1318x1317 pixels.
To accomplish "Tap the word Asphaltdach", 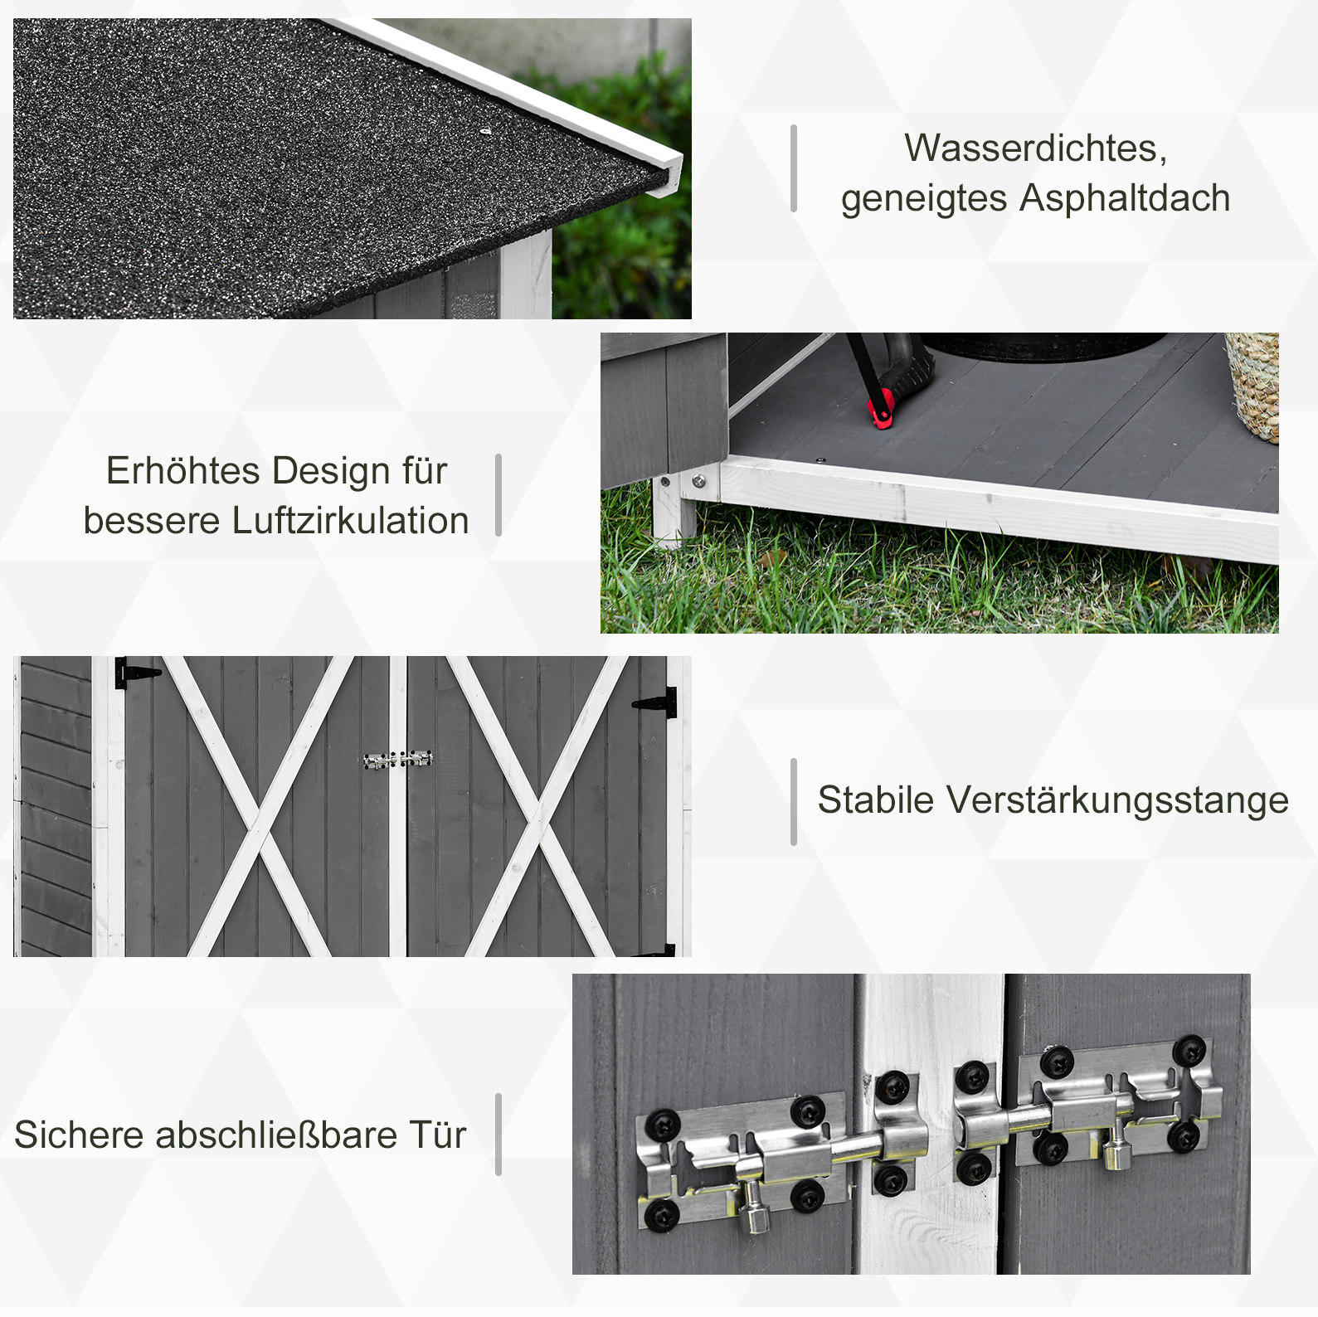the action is [1126, 198].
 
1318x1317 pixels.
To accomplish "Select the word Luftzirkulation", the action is [350, 521].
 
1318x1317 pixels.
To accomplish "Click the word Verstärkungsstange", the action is [1118, 800].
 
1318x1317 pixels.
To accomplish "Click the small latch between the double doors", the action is [398, 760].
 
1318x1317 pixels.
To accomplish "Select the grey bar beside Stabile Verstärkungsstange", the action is [794, 802].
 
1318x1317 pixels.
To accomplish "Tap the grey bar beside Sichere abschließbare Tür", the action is [499, 1135].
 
